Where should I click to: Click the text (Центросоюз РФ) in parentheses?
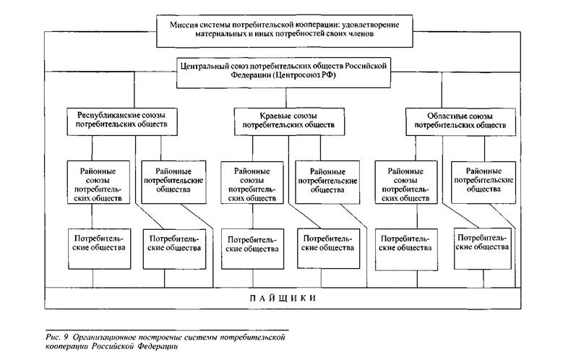[x=304, y=75]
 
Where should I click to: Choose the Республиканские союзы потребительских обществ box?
[x=122, y=121]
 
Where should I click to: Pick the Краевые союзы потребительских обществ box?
[x=289, y=121]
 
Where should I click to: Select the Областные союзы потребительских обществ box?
[x=460, y=121]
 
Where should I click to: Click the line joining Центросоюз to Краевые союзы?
[x=286, y=98]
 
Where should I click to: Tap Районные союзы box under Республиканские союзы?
[x=98, y=182]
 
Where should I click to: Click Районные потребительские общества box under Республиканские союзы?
[x=173, y=182]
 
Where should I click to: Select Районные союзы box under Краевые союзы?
[x=252, y=182]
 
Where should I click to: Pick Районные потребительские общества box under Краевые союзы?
[x=327, y=182]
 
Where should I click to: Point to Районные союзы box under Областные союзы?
[x=406, y=182]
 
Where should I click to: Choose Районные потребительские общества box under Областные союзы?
[x=484, y=182]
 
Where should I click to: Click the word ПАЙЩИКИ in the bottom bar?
[x=283, y=299]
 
